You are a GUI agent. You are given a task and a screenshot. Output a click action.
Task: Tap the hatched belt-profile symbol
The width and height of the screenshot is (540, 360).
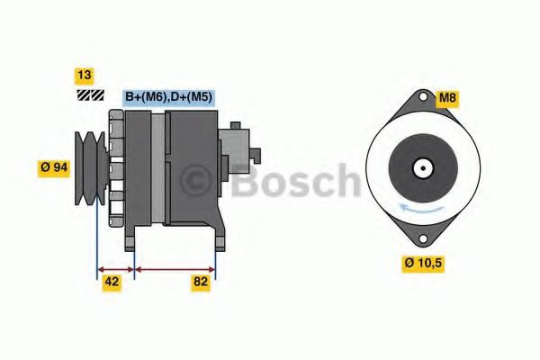(x=90, y=94)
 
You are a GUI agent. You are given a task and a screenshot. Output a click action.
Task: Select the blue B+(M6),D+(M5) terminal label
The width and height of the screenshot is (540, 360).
(x=169, y=97)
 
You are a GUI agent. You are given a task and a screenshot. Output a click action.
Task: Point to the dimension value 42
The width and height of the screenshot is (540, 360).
(x=112, y=282)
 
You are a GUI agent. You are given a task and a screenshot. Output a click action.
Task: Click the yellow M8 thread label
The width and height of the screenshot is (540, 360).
(x=447, y=96)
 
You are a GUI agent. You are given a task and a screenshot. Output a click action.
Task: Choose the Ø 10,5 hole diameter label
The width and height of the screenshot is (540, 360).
(x=423, y=263)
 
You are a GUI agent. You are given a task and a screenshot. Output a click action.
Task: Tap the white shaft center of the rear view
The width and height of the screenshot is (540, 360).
(x=420, y=167)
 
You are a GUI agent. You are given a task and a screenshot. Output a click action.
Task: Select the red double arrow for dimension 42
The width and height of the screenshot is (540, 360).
(x=115, y=267)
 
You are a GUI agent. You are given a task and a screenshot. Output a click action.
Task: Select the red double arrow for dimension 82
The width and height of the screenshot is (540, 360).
(x=175, y=267)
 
